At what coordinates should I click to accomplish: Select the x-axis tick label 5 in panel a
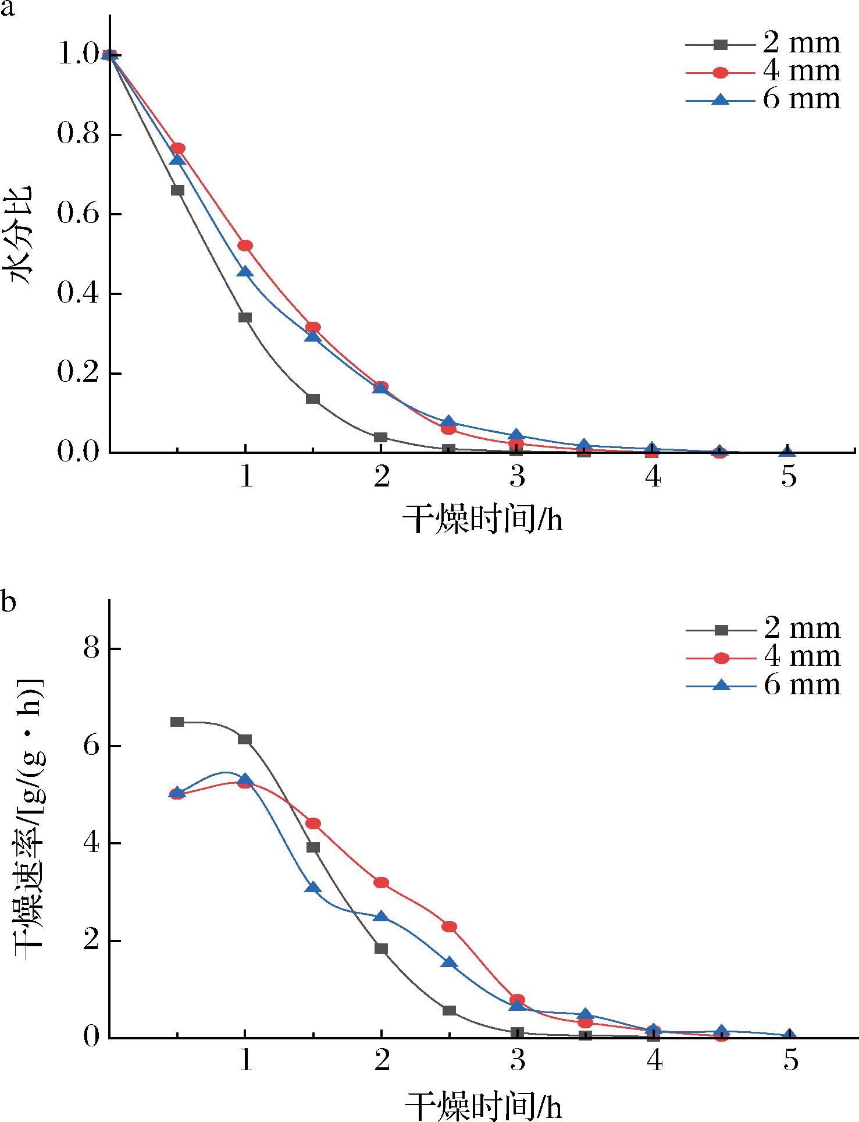[788, 478]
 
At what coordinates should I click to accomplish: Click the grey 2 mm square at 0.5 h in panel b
[177, 722]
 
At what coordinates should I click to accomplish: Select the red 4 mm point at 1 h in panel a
[245, 246]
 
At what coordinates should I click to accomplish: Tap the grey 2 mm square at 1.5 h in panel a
[313, 399]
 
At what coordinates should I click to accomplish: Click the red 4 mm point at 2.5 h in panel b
[449, 926]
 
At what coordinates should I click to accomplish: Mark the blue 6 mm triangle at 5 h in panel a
[787, 452]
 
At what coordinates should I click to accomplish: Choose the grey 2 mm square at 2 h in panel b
[381, 949]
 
